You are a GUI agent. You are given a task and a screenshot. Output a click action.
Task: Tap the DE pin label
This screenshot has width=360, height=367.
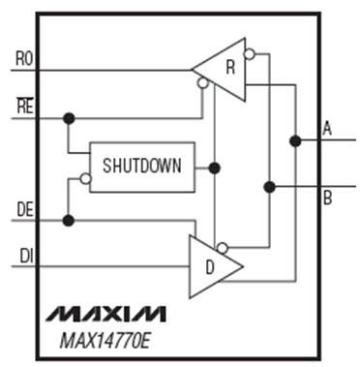point(25,209)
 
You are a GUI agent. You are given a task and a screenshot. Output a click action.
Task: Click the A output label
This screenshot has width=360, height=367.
point(327,128)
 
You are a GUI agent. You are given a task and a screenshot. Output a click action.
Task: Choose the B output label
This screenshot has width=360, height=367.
point(327,198)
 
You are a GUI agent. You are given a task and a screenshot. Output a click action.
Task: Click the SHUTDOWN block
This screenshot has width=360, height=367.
point(141,167)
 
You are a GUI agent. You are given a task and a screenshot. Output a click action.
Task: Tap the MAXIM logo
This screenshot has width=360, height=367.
point(105,313)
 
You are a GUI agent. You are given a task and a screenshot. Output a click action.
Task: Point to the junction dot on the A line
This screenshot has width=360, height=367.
point(293,141)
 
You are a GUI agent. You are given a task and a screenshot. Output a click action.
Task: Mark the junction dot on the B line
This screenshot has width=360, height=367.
point(269,186)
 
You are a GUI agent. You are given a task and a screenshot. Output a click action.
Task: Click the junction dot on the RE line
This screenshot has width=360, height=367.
point(68,118)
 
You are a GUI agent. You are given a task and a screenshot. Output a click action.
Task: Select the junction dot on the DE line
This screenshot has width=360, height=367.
point(68,221)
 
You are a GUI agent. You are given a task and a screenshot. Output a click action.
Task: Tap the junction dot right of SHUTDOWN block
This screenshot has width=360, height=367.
point(214,168)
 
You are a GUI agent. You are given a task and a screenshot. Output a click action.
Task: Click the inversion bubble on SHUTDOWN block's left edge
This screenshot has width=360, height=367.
point(84,178)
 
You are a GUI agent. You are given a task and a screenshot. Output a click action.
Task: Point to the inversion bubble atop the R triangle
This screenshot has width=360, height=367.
point(250,55)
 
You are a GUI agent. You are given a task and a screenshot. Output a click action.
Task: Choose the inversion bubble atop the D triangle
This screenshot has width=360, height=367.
point(223,248)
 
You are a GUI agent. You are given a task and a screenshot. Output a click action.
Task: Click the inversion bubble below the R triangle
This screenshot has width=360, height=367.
point(202,84)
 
